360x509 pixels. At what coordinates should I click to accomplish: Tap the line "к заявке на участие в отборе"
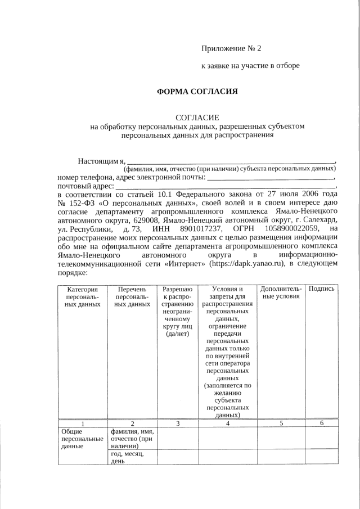coord(250,66)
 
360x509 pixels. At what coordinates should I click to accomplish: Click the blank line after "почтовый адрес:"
coord(225,184)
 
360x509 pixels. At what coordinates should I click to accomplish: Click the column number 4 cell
coord(228,423)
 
